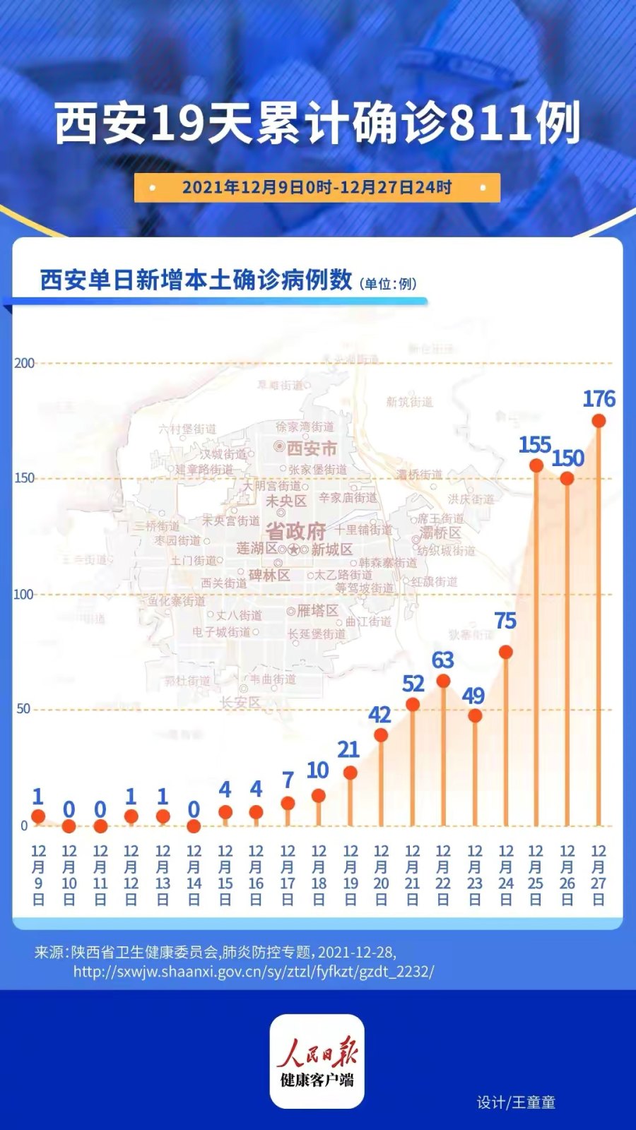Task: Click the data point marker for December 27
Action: [599, 421]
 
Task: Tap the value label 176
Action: [599, 399]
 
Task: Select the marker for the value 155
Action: [536, 465]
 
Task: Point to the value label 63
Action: [442, 660]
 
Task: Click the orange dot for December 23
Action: [475, 715]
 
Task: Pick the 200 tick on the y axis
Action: [24, 363]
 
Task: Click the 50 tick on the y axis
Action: [23, 709]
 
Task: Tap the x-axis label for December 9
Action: [38, 875]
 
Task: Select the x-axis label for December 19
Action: [351, 875]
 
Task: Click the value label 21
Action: [348, 749]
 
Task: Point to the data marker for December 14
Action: [194, 826]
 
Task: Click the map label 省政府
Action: [295, 531]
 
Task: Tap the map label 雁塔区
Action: [317, 611]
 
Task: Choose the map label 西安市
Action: [311, 448]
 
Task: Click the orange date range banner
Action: [317, 188]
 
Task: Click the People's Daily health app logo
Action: [317, 1061]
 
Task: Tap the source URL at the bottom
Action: [254, 972]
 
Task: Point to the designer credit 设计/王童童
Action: [516, 1102]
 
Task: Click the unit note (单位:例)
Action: [388, 284]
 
